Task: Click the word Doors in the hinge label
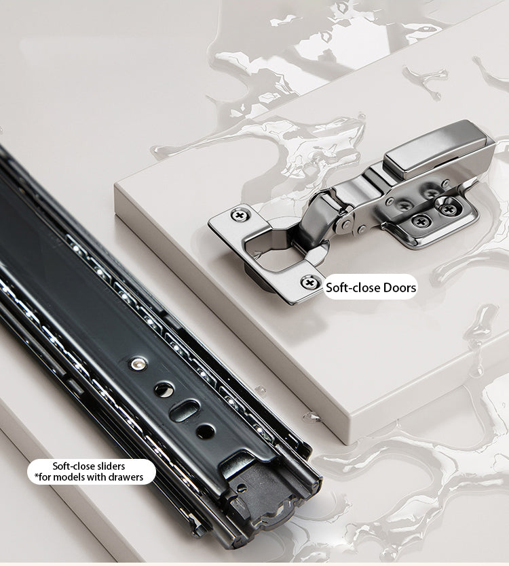click(400, 287)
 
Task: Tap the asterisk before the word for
click(36, 476)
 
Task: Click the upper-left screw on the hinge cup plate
click(239, 216)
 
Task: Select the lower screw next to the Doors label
click(309, 283)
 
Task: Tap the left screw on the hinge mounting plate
click(421, 221)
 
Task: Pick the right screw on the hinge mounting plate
click(449, 209)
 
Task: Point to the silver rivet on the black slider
click(137, 364)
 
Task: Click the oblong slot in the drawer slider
click(185, 409)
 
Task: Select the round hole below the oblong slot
click(205, 430)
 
